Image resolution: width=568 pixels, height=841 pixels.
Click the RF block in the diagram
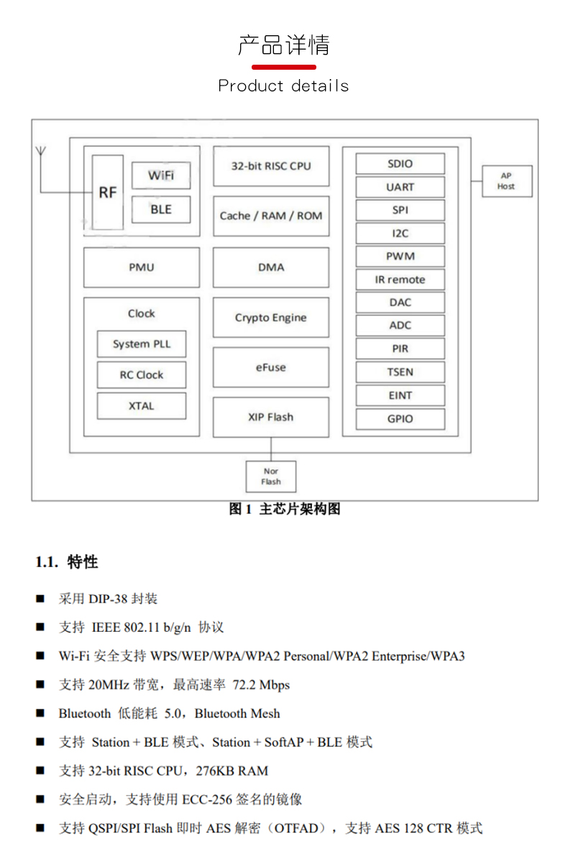coord(108,192)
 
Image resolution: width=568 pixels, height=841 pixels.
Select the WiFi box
coord(161,175)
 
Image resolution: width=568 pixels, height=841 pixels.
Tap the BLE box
coord(161,209)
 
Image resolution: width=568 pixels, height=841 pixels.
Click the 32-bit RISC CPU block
coord(271,166)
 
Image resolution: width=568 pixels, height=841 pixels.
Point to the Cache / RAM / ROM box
coord(271,216)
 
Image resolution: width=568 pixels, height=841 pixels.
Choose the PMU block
coord(142,267)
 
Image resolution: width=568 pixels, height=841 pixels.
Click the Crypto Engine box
coord(271,318)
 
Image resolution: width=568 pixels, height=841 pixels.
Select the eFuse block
coord(271,367)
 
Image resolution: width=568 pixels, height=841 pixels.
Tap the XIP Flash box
coord(271,417)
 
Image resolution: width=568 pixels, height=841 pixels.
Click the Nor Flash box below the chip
coord(271,477)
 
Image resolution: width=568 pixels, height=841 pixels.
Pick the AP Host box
coord(506,181)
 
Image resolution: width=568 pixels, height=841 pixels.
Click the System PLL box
coord(142,344)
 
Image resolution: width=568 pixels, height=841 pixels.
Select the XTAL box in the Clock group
coord(142,406)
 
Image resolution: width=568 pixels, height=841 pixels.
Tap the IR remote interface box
coord(400,280)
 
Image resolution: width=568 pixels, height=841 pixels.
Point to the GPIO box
coord(400,418)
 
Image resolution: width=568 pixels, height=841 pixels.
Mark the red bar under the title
coord(283,67)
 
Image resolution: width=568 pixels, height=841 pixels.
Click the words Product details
coord(283,86)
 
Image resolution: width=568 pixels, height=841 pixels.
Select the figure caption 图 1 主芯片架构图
coord(284,510)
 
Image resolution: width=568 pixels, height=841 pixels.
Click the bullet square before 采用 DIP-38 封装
coord(40,599)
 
